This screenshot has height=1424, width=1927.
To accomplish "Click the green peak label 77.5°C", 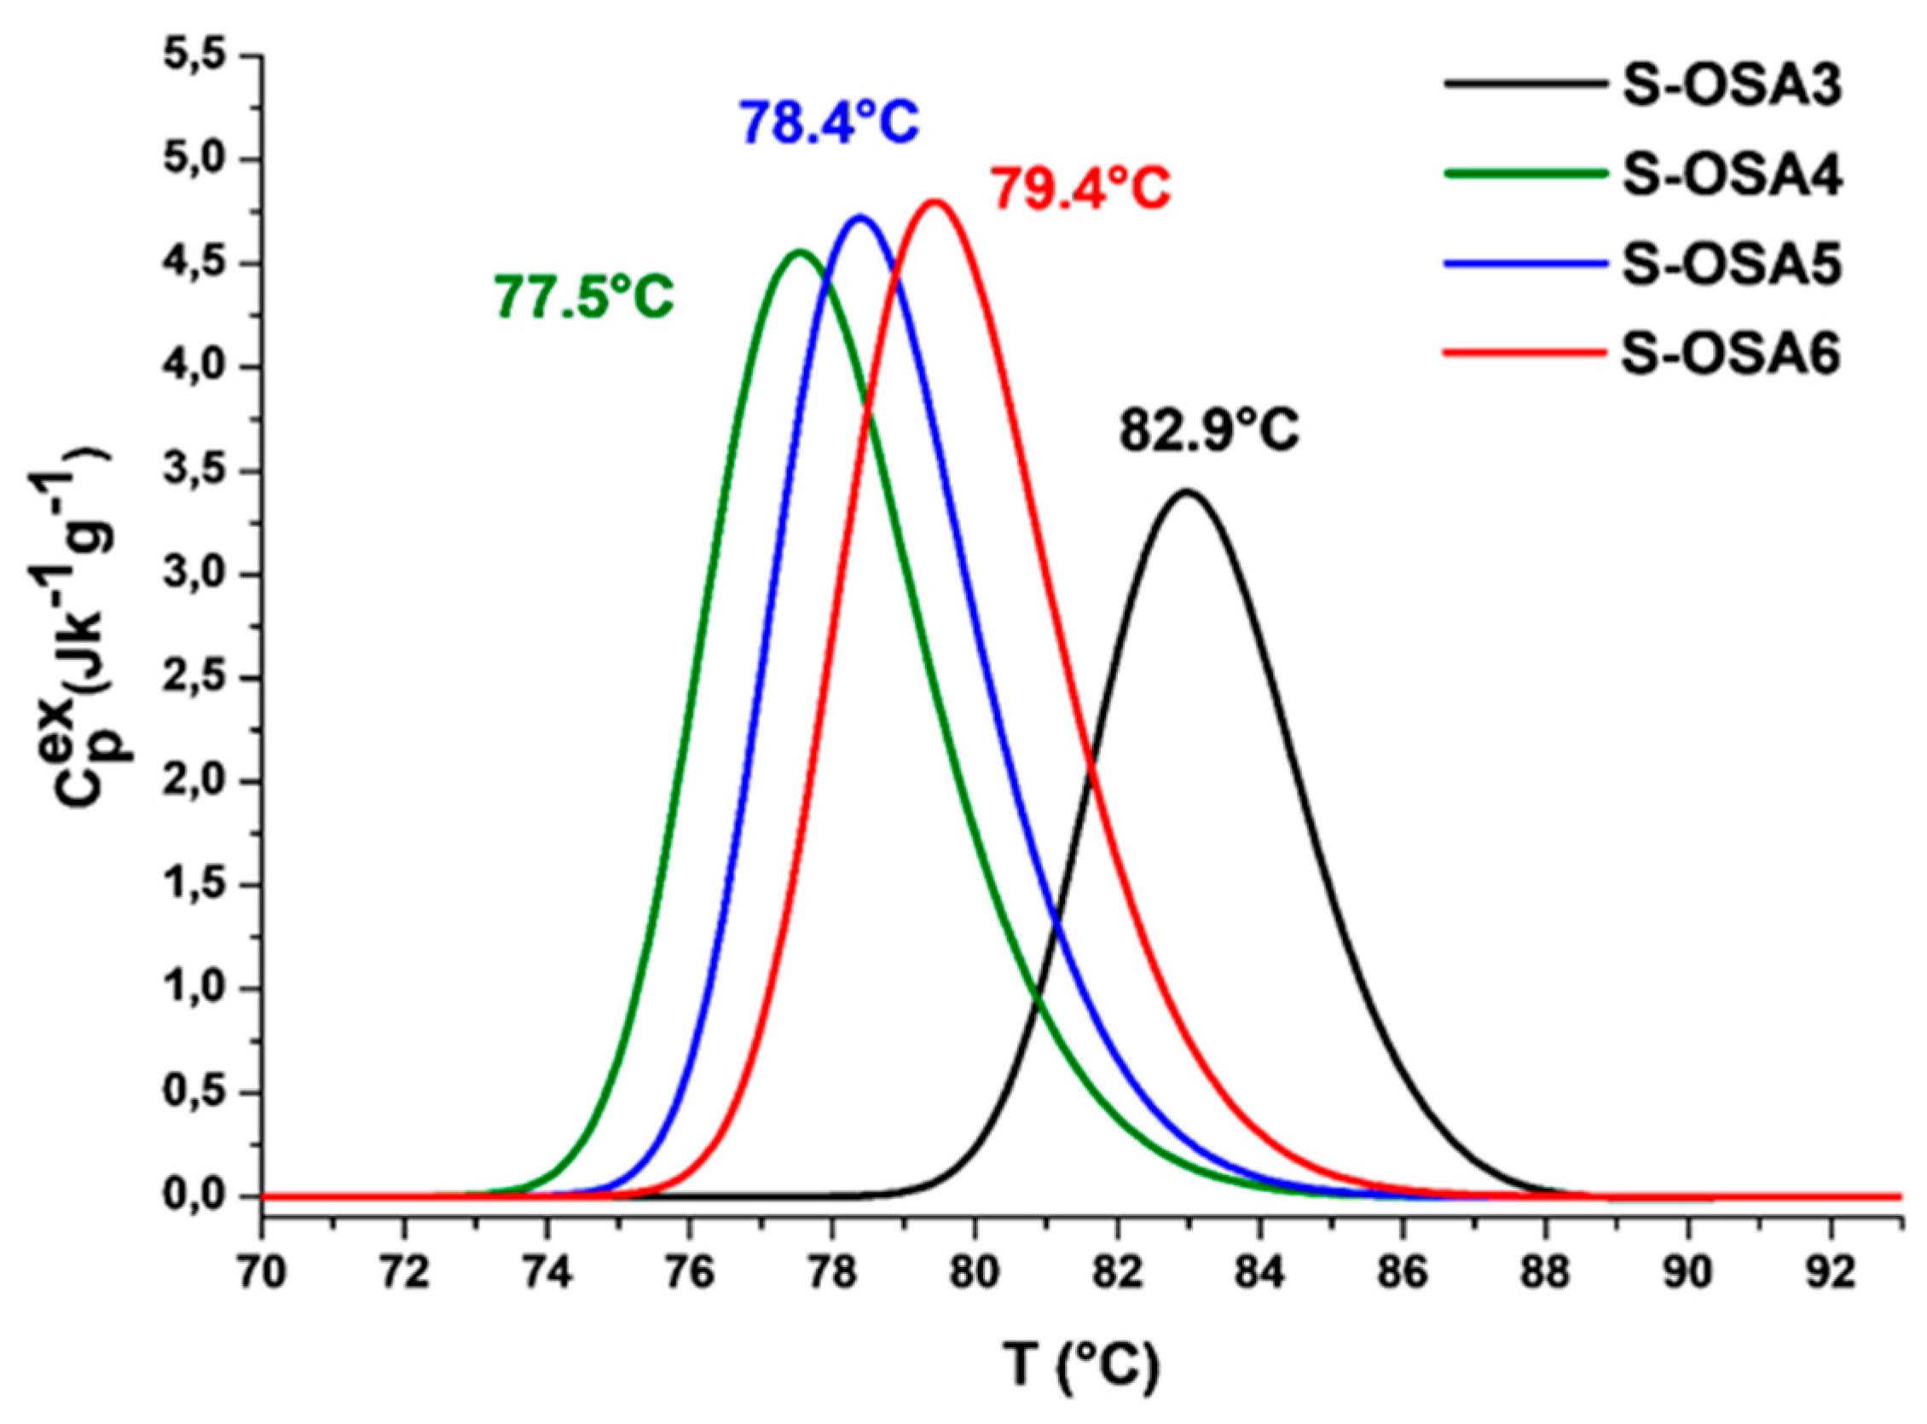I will pyautogui.click(x=583, y=297).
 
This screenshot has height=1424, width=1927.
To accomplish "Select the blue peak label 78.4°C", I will pyautogui.click(x=829, y=124).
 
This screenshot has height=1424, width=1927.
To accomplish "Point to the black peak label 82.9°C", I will pyautogui.click(x=1208, y=431).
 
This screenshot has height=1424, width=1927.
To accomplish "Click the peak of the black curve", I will pyautogui.click(x=1187, y=492).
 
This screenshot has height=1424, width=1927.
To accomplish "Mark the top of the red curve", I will pyautogui.click(x=935, y=202).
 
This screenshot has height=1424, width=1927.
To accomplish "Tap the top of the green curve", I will pyautogui.click(x=799, y=252).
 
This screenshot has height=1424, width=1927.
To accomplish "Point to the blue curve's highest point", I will pyautogui.click(x=859, y=217).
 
